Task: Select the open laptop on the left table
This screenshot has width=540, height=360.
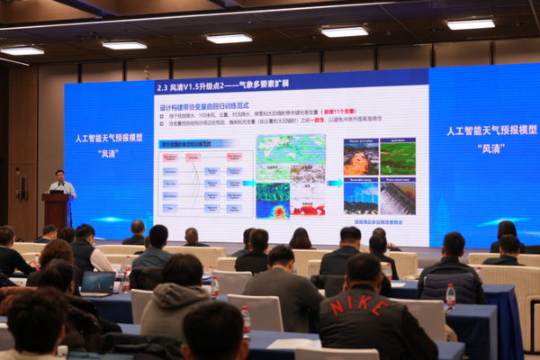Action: [98, 283]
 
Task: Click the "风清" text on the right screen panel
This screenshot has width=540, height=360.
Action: [491, 144]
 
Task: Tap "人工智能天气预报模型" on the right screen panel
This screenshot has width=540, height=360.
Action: [491, 130]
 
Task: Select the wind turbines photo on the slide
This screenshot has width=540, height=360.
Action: [361, 194]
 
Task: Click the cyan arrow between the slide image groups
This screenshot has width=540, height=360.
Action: [334, 183]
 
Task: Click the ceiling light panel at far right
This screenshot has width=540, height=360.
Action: [471, 24]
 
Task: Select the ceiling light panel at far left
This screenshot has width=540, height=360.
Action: [22, 50]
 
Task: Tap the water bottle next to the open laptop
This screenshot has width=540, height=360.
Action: [125, 277]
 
